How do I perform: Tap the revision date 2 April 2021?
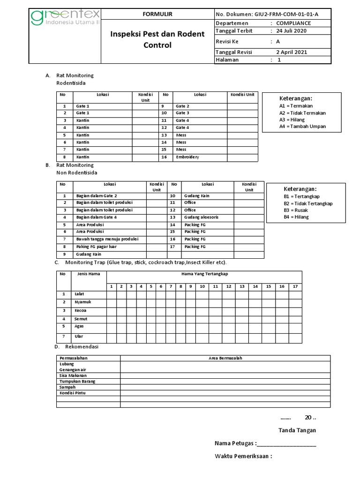(292, 52)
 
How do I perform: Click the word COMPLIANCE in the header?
(293, 23)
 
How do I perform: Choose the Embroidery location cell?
(187, 157)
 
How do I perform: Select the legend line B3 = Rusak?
(295, 210)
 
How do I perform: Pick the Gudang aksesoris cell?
(202, 217)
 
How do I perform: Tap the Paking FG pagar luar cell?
(96, 247)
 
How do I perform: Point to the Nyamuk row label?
(82, 302)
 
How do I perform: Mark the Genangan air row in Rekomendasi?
(73, 369)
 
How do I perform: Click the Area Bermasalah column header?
(225, 358)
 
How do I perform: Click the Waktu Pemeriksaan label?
(243, 457)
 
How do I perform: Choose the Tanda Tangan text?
(297, 430)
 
